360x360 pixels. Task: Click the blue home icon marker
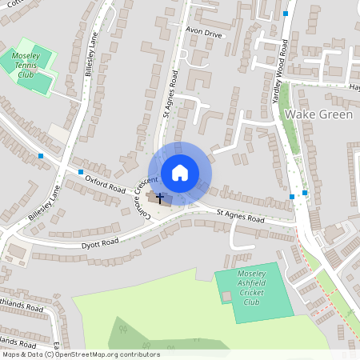point(180,172)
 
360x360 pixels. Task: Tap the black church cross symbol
point(159,197)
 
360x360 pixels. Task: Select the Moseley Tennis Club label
point(31,65)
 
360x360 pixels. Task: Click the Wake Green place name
point(318,115)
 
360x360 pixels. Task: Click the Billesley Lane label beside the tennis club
point(90,54)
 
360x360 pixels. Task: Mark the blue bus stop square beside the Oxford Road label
point(81,171)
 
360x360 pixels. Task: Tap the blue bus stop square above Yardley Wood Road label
point(286,14)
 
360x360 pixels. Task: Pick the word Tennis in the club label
point(32,65)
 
